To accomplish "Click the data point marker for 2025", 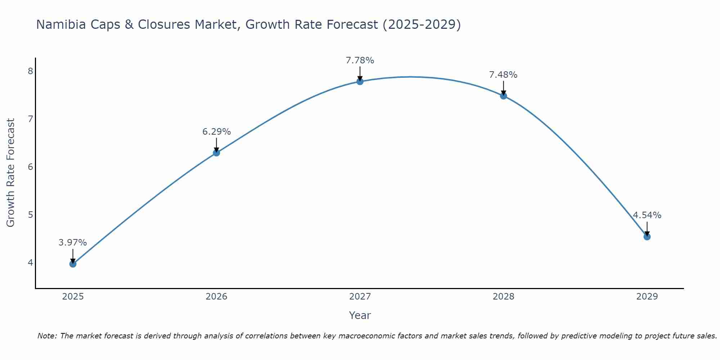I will [x=73, y=264].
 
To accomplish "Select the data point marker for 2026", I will [x=216, y=153].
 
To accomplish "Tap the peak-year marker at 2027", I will [x=360, y=81].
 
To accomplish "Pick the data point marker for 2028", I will [x=503, y=96].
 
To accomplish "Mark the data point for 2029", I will [x=647, y=237].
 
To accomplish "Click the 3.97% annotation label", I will [x=73, y=243].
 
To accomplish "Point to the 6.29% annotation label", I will [x=216, y=132].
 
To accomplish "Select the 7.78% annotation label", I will [x=360, y=60].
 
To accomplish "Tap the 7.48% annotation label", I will [x=503, y=75].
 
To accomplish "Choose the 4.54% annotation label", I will [x=647, y=215].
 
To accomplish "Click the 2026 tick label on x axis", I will [x=216, y=297].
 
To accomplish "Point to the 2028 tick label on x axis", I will [x=503, y=297].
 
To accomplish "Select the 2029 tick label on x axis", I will [x=647, y=297].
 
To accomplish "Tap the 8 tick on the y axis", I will [x=30, y=71].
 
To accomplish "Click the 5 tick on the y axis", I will [x=30, y=215].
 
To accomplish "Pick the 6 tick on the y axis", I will [x=30, y=167].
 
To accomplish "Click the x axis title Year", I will [x=360, y=315].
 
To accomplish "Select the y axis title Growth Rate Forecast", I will [x=11, y=173].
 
